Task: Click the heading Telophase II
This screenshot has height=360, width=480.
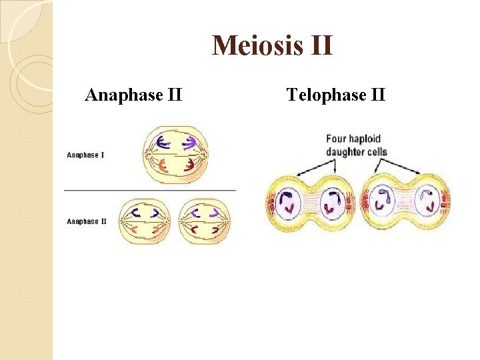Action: pos(335,95)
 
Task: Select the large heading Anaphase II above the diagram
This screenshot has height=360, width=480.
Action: pos(133,95)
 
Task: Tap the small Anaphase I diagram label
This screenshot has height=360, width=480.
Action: pos(85,155)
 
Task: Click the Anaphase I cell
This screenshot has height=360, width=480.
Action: pos(175,155)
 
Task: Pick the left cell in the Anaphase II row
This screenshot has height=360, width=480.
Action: pos(145,221)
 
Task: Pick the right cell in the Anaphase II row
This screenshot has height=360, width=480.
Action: pos(205,221)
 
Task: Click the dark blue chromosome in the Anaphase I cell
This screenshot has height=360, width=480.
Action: pos(163,141)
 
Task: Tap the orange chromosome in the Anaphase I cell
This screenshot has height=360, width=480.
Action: pos(162,167)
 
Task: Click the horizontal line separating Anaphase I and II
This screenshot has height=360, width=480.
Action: pos(150,190)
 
